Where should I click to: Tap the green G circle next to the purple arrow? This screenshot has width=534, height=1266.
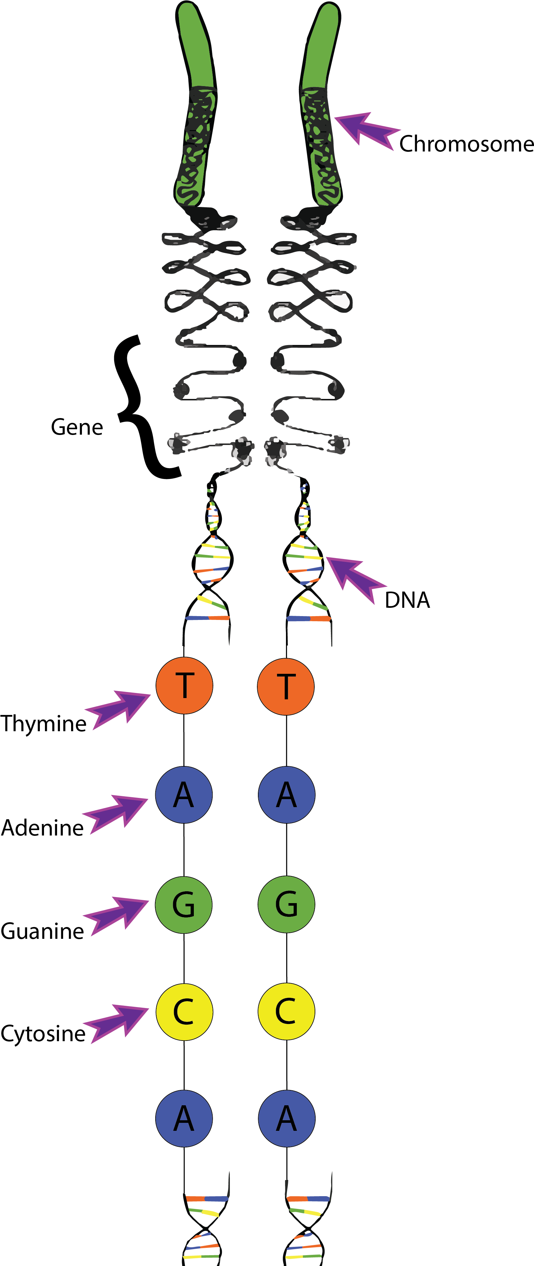(184, 904)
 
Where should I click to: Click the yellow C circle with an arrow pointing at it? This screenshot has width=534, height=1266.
(184, 1012)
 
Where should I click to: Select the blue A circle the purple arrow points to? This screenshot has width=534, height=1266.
(184, 795)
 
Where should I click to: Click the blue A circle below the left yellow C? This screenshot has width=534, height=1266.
(184, 1119)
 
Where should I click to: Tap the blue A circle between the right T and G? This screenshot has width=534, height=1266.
(286, 795)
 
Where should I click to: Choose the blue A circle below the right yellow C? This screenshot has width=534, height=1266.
(286, 1119)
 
